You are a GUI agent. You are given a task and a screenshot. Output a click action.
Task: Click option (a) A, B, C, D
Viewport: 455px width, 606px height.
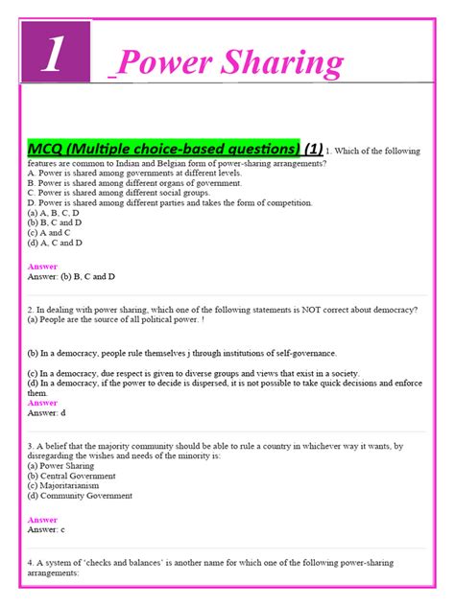(x=54, y=213)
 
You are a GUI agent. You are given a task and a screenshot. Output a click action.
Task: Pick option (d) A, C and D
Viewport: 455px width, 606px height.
(x=55, y=244)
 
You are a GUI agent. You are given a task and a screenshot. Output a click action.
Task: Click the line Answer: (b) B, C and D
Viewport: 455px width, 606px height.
(x=72, y=277)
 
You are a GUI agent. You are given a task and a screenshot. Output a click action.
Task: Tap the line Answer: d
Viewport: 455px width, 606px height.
(x=47, y=413)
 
